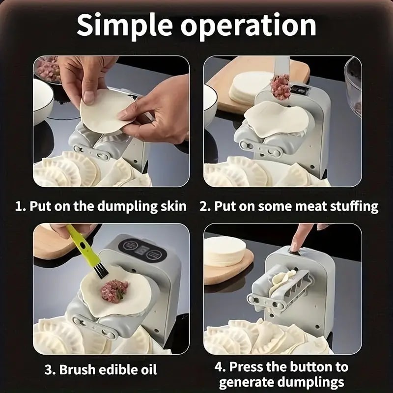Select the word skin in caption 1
tap(172, 206)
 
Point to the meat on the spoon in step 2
tap(280, 86)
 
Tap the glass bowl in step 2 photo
tap(353, 86)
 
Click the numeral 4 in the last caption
tap(219, 367)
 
